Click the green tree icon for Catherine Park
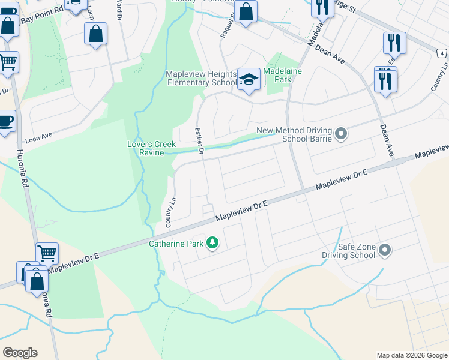[x=212, y=243]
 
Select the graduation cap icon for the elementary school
[x=247, y=79]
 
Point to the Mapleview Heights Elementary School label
[x=201, y=78]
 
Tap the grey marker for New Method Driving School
[x=341, y=133]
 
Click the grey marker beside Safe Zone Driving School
[x=385, y=250]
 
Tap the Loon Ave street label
[x=39, y=137]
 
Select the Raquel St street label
[x=228, y=26]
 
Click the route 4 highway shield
[x=442, y=54]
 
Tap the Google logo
[x=20, y=353]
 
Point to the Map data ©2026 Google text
[x=412, y=355]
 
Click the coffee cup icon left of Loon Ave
[x=5, y=122]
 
